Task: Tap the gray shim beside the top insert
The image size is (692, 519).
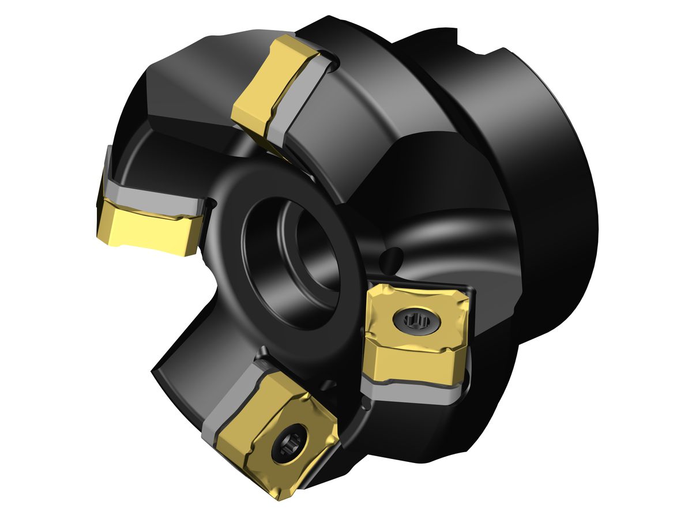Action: coord(300,104)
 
